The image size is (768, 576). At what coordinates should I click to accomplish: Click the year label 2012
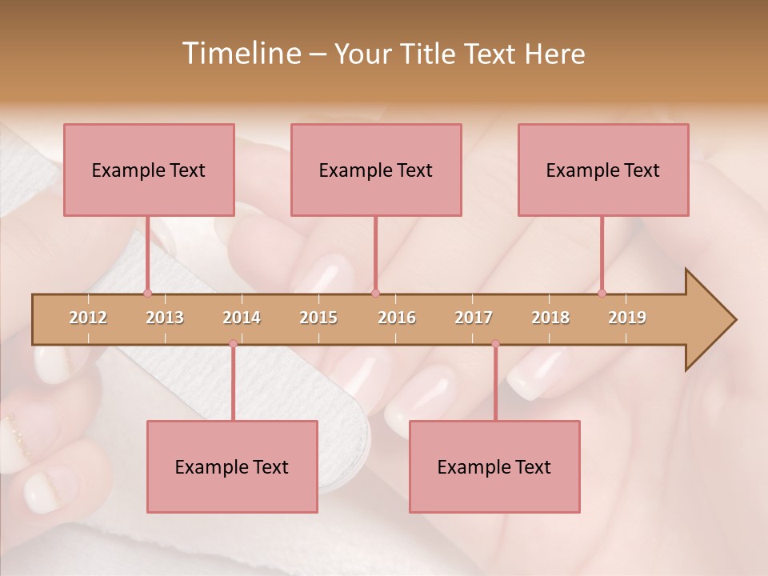click(88, 318)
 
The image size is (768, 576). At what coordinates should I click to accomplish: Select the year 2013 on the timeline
click(165, 318)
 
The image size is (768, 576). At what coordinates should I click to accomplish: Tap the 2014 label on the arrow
click(242, 318)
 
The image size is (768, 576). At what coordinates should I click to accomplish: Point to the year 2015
click(318, 318)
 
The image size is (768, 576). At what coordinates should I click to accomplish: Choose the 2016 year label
click(397, 318)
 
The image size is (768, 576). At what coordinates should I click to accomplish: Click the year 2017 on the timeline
click(474, 318)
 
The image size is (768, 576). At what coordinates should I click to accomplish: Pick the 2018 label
click(550, 318)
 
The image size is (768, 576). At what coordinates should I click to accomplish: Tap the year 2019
click(627, 318)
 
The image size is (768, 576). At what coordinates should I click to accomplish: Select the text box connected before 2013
click(149, 170)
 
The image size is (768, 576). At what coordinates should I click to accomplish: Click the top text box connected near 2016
click(376, 170)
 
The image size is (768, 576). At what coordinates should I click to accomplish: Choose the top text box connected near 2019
click(603, 170)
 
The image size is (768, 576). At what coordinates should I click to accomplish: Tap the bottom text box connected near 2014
click(232, 466)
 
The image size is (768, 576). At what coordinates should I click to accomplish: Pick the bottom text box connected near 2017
click(494, 466)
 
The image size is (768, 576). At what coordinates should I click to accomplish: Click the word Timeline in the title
click(239, 54)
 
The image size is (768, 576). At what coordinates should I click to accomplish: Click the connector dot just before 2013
click(147, 293)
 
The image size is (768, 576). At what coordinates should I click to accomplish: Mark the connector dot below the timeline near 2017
click(495, 344)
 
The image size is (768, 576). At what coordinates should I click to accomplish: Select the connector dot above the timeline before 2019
click(602, 293)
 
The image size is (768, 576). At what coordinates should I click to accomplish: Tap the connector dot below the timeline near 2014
click(233, 344)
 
